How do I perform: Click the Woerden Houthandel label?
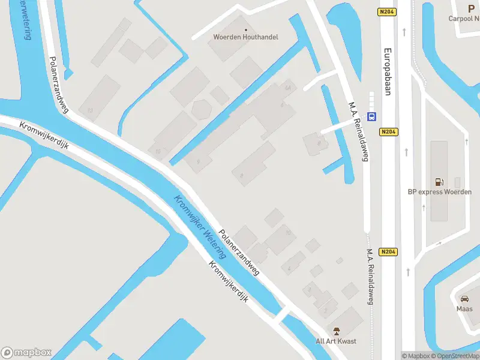[x=245, y=37]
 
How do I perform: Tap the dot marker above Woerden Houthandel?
[x=245, y=29]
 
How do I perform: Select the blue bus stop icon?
[x=372, y=116]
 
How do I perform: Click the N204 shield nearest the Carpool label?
[x=387, y=11]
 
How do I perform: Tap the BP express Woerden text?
[x=439, y=192]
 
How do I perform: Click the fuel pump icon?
[x=439, y=182]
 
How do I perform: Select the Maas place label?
[x=464, y=308]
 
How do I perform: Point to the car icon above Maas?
[x=464, y=298]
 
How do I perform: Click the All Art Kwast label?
[x=336, y=341]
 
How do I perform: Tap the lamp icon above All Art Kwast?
[x=336, y=331]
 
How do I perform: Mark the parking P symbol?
[x=471, y=8]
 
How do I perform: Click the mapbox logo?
[x=26, y=352]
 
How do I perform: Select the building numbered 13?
[x=91, y=110]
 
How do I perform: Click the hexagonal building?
[x=200, y=109]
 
